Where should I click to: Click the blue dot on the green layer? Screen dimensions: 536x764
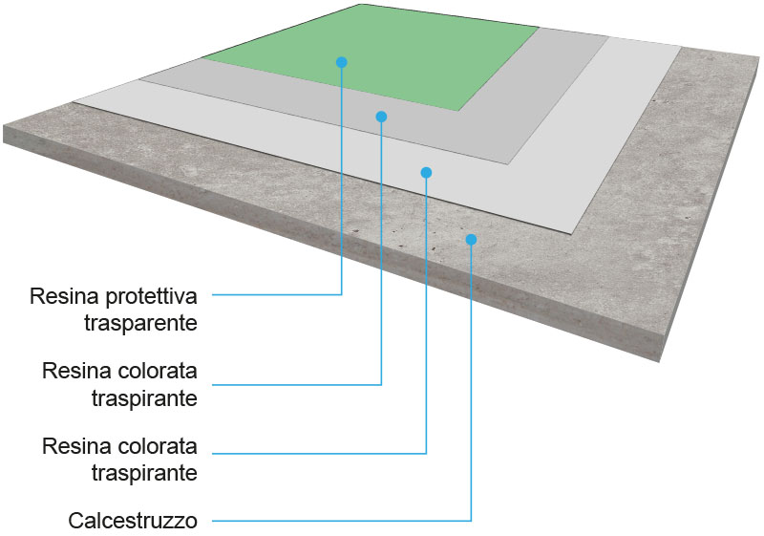pos(341,62)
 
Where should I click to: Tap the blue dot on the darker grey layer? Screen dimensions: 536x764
pos(381,117)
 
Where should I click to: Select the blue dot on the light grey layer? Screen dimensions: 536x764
pos(426,173)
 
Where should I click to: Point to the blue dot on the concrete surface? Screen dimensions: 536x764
pos(471,239)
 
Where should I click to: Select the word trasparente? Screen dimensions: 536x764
pos(139,323)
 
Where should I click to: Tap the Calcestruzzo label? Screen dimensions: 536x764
pos(133,522)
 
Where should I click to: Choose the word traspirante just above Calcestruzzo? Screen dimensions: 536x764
pos(144,473)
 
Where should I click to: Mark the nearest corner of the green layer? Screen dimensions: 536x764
pos(461,110)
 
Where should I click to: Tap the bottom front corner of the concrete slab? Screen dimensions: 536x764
pos(656,360)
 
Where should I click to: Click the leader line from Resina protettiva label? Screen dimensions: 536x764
pos(277,294)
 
